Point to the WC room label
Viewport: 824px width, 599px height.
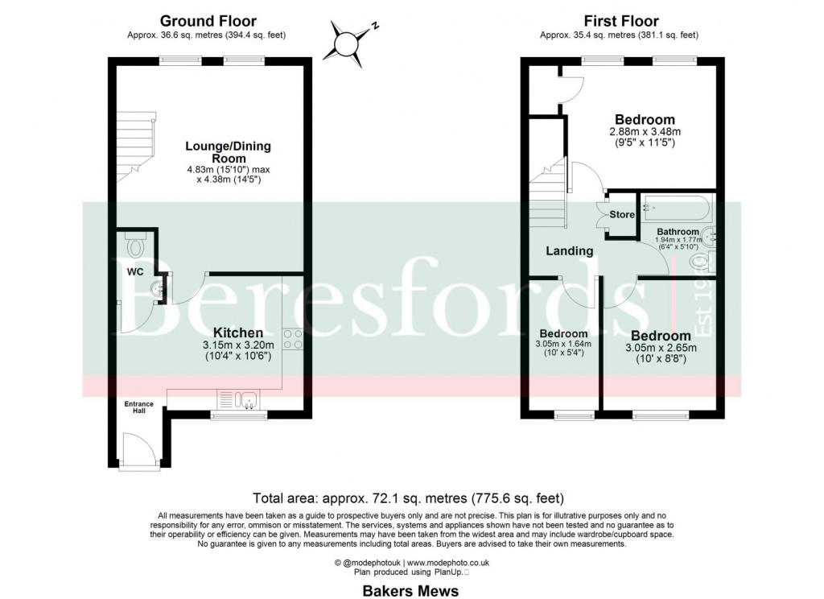point(134,272)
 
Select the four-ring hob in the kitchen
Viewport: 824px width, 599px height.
point(293,340)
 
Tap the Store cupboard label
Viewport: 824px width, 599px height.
point(621,215)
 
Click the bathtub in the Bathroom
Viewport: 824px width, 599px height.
point(674,211)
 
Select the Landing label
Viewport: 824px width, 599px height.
point(570,251)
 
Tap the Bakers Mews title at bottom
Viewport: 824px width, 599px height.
point(410,591)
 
